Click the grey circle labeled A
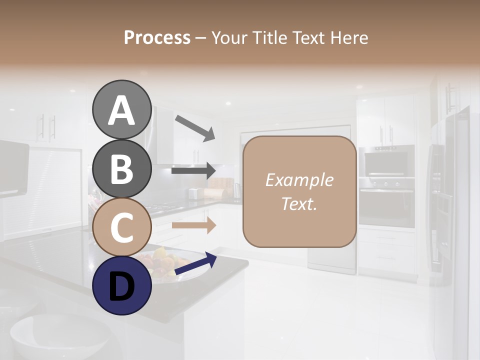click(122, 109)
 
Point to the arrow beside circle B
click(193, 171)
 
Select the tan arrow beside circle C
click(193, 225)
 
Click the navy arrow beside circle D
click(195, 263)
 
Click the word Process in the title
click(157, 37)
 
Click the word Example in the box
click(299, 180)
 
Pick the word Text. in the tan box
click(299, 203)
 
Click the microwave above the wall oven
click(386, 162)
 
